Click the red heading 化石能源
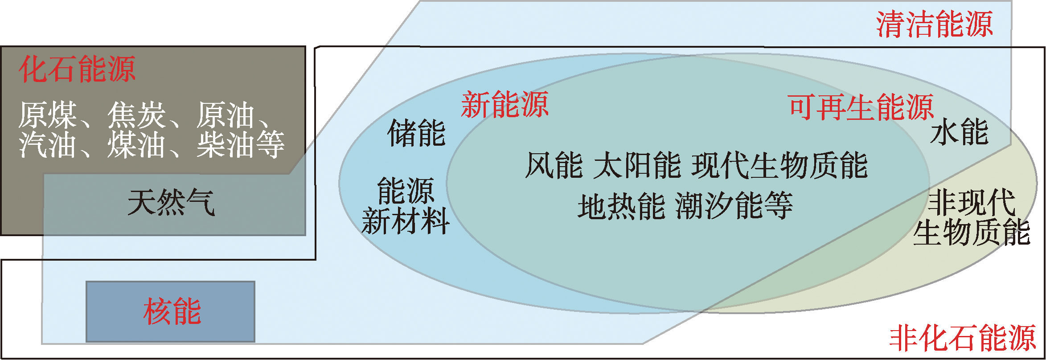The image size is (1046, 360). pyautogui.click(x=77, y=70)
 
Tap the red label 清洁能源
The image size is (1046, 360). pyautogui.click(x=934, y=24)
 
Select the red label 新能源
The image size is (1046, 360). pyautogui.click(x=505, y=105)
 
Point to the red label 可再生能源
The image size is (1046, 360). pyautogui.click(x=861, y=107)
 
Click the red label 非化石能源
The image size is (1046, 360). pyautogui.click(x=963, y=338)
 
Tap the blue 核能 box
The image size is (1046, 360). pyautogui.click(x=170, y=311)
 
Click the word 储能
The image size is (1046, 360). pyautogui.click(x=417, y=133)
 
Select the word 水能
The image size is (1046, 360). pyautogui.click(x=960, y=132)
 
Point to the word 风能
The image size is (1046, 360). pyautogui.click(x=554, y=165)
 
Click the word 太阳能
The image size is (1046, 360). pyautogui.click(x=637, y=165)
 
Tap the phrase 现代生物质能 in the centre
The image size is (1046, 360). pyautogui.click(x=780, y=165)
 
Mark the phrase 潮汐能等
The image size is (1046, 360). pyautogui.click(x=734, y=206)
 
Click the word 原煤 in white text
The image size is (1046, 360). pyautogui.click(x=48, y=115)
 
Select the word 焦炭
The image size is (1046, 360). pyautogui.click(x=136, y=115)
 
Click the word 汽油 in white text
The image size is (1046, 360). pyautogui.click(x=48, y=144)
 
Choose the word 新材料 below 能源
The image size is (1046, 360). pyautogui.click(x=406, y=221)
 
